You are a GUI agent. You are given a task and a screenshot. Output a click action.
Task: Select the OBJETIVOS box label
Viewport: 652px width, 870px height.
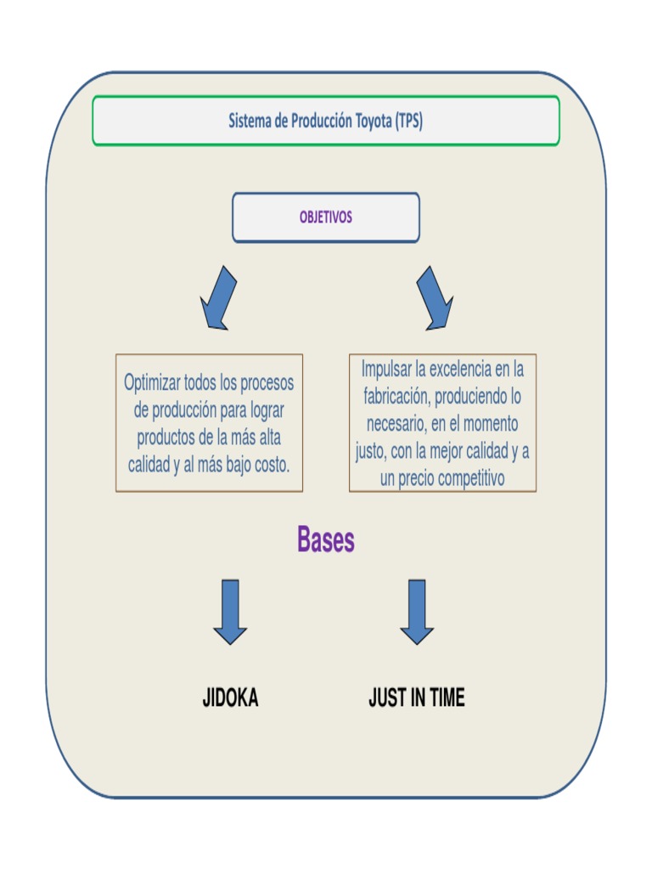(325, 217)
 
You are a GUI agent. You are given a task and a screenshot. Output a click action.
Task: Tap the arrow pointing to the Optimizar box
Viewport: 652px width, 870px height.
(217, 297)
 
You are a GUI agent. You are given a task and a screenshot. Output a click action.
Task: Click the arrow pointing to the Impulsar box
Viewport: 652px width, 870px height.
(436, 297)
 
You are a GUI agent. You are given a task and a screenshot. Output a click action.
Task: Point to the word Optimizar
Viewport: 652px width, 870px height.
(152, 383)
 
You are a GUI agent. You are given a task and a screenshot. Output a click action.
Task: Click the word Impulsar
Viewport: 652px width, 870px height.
(391, 370)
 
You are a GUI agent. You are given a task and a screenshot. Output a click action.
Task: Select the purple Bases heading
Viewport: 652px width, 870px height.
(326, 540)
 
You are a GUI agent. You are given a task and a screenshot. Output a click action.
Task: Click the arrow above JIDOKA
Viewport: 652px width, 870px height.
(230, 611)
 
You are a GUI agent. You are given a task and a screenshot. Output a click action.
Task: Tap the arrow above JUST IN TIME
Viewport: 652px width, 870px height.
(417, 611)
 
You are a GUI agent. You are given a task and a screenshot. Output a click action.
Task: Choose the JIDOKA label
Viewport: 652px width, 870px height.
(230, 698)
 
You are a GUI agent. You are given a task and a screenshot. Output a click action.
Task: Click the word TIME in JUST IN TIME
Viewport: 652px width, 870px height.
(447, 698)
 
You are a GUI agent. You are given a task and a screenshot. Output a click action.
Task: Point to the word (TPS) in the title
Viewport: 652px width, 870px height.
(409, 121)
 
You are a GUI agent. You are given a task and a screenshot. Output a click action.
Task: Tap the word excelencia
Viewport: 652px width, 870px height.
(464, 370)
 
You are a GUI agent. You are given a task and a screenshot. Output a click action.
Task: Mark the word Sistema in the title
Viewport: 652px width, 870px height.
(249, 121)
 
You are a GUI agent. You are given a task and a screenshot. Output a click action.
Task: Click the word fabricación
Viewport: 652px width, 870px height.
(396, 397)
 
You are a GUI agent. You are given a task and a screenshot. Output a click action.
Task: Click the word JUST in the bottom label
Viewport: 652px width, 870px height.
(386, 698)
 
